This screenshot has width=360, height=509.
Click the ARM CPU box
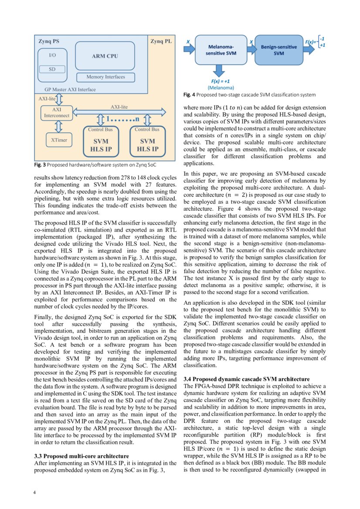coord(105,56)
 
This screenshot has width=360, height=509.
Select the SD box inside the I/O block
coord(52,69)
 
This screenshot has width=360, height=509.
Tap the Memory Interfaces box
coord(105,77)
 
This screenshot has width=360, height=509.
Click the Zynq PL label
coord(161,41)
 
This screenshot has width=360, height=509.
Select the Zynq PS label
coord(49,41)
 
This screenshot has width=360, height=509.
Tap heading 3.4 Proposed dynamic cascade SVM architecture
coord(247,379)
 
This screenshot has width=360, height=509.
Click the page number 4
coord(35,492)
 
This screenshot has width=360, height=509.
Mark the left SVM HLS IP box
coord(101,142)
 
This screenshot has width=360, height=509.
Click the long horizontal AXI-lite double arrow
coord(120,112)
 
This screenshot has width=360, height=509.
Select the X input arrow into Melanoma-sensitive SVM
coord(189,48)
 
